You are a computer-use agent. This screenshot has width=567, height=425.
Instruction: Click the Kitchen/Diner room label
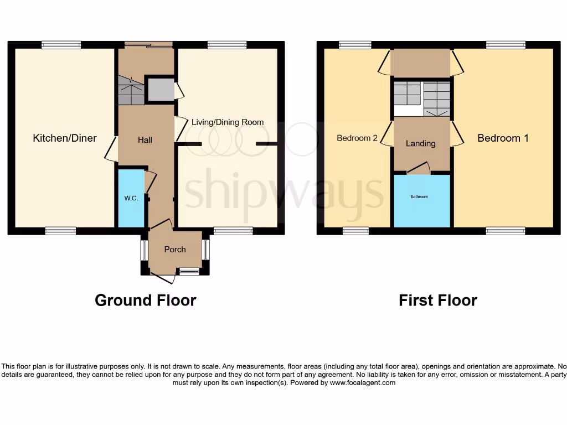(65, 138)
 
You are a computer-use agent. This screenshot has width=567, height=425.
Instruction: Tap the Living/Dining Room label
(228, 122)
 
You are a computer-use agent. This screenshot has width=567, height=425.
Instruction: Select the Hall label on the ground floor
(145, 140)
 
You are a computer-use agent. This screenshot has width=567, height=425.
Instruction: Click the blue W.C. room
(131, 198)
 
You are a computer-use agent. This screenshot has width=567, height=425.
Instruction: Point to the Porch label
(175, 250)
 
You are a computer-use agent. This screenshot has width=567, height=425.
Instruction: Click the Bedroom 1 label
(503, 138)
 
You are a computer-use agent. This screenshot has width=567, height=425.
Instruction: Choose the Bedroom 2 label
(357, 138)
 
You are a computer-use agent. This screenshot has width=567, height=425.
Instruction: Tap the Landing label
(421, 143)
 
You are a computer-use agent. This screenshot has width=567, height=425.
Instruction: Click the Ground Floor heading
(145, 300)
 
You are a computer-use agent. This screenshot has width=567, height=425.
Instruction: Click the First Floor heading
(437, 300)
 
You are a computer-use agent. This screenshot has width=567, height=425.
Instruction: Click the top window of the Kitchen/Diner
(61, 45)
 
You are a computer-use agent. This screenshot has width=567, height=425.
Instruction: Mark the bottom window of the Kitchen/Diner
(60, 231)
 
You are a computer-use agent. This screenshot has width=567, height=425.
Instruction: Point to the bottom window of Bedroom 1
(505, 231)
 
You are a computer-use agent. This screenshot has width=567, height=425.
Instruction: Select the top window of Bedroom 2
(355, 45)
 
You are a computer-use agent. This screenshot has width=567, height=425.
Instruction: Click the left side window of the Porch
(144, 250)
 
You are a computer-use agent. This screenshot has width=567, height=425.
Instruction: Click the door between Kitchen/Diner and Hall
(111, 149)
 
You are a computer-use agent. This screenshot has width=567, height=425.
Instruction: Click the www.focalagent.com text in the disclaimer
(363, 382)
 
